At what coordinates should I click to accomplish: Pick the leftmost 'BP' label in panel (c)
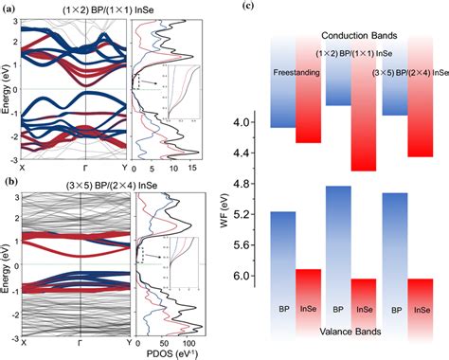coord(284,309)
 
